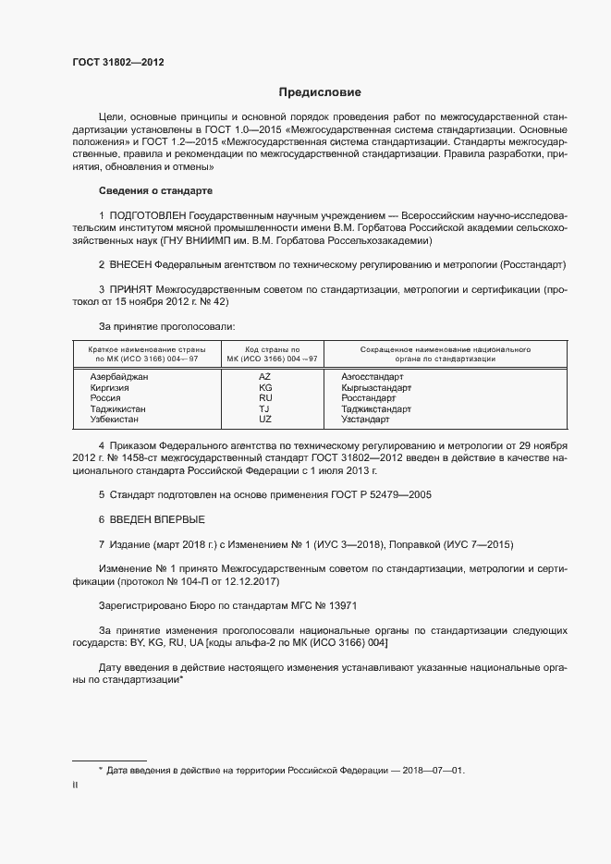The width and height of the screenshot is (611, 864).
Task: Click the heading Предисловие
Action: tap(320, 92)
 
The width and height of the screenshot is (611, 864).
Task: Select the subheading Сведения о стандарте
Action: tap(155, 190)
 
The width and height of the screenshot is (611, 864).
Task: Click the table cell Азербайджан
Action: tap(119, 377)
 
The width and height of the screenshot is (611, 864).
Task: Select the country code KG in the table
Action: tap(265, 388)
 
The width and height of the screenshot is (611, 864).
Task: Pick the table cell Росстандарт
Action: tap(368, 398)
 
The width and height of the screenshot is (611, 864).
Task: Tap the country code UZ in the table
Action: tap(265, 420)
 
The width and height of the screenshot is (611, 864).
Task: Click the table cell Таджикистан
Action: tap(118, 408)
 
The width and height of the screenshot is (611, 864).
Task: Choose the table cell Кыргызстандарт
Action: tap(376, 388)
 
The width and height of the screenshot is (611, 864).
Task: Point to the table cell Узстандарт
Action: tap(365, 420)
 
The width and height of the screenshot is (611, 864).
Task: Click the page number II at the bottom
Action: tap(75, 785)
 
